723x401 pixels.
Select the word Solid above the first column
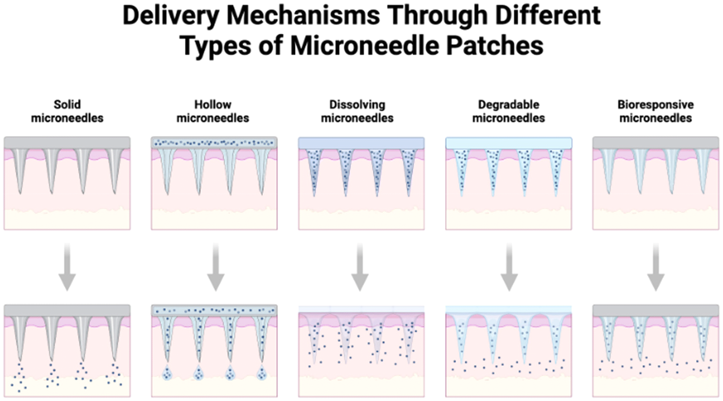67,105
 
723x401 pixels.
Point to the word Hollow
213,105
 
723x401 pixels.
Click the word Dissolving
357,105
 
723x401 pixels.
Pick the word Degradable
509,105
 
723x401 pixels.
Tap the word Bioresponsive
656,105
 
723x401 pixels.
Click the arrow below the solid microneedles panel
67,267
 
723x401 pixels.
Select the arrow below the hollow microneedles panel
216,267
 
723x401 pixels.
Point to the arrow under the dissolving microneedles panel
360,267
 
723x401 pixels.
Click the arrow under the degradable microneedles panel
509,267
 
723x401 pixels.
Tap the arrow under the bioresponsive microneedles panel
656,267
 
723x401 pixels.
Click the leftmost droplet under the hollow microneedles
167,373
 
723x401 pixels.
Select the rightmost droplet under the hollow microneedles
262,373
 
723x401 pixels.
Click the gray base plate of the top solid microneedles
67,143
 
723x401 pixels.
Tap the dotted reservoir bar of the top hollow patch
214,143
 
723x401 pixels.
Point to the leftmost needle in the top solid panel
20,168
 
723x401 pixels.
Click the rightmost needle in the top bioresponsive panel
703,168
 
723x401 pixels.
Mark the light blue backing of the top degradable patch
509,143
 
